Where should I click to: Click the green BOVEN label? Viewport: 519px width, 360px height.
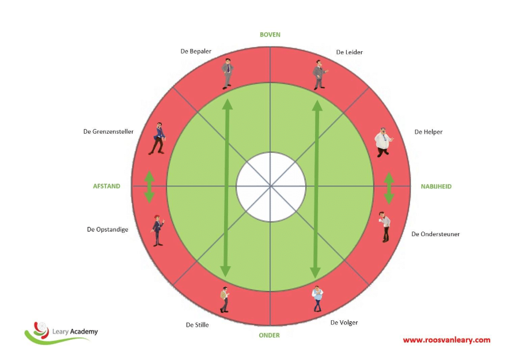[x=270, y=35]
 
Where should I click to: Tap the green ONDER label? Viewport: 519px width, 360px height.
[x=270, y=336]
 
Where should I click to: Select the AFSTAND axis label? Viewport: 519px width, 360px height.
[x=107, y=186]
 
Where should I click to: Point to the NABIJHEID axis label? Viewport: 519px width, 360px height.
[x=436, y=187]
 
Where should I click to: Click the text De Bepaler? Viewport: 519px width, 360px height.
[x=196, y=51]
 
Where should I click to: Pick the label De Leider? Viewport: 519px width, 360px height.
[x=350, y=52]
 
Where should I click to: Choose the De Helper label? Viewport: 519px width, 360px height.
[x=429, y=132]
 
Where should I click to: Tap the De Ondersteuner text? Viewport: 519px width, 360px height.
[x=435, y=234]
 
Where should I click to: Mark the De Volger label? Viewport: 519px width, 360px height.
[x=344, y=323]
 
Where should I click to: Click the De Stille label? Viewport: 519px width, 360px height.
[x=197, y=325]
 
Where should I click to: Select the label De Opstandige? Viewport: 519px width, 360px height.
[x=108, y=229]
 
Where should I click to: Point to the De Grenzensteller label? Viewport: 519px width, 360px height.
[x=108, y=132]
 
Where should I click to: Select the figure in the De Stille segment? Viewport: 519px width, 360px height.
[x=224, y=300]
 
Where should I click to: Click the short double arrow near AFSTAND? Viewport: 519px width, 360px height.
[x=150, y=187]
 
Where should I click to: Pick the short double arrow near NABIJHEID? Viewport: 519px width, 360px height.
[x=389, y=188]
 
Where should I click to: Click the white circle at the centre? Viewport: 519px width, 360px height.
[x=271, y=186]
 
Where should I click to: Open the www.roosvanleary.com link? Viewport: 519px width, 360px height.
[x=446, y=340]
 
